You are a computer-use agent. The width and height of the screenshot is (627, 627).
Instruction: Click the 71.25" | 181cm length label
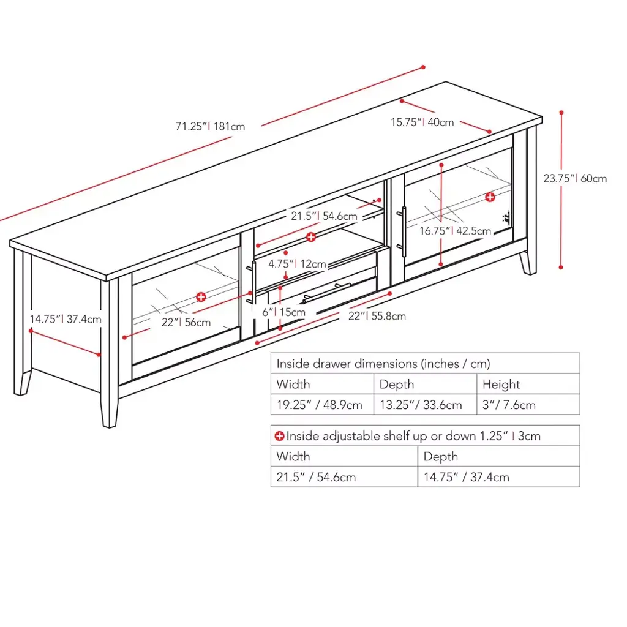[x=211, y=126]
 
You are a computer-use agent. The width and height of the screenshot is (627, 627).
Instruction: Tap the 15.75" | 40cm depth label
[x=422, y=122]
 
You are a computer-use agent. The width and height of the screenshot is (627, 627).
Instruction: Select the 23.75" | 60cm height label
[x=575, y=178]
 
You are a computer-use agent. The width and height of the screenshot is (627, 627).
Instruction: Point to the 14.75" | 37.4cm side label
[x=66, y=319]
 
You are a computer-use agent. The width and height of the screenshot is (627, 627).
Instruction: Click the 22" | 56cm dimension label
[x=186, y=322]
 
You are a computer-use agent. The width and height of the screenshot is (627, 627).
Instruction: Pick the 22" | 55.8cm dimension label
[x=377, y=316]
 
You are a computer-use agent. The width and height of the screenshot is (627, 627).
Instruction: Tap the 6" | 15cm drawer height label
[x=284, y=312]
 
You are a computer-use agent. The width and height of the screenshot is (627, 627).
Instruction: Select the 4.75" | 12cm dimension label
[x=297, y=264]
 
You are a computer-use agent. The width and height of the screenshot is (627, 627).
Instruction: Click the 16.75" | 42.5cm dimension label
[x=455, y=231]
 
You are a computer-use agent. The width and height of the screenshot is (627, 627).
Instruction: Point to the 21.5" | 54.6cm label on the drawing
[x=324, y=216]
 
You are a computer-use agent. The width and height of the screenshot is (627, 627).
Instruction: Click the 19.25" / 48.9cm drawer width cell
[x=320, y=405]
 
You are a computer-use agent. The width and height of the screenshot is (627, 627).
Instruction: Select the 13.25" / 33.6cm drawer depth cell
[x=421, y=405]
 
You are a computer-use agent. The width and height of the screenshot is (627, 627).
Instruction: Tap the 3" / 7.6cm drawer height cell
[x=509, y=405]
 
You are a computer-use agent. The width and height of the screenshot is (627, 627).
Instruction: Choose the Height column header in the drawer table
[x=501, y=385]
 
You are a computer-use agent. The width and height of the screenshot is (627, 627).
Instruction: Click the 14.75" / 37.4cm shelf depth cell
[x=466, y=477]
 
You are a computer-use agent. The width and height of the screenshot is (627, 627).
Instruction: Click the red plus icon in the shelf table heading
[x=279, y=436]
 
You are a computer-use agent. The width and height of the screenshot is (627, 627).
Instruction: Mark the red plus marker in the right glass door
[x=490, y=197]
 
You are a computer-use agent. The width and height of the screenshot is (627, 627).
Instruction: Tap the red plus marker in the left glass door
[x=201, y=297]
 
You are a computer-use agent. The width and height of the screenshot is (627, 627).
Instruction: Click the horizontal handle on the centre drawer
[x=326, y=293]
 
